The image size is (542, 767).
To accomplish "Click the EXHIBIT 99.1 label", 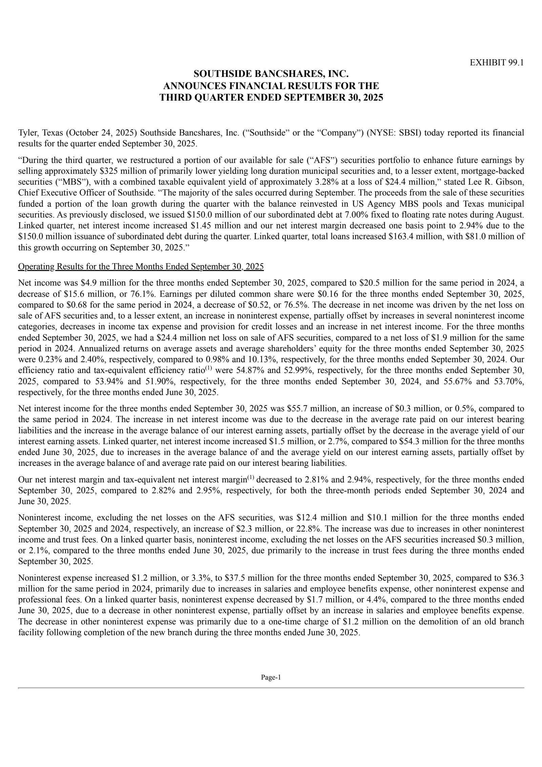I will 497,63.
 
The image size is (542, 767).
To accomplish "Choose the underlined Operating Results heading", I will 141,267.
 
